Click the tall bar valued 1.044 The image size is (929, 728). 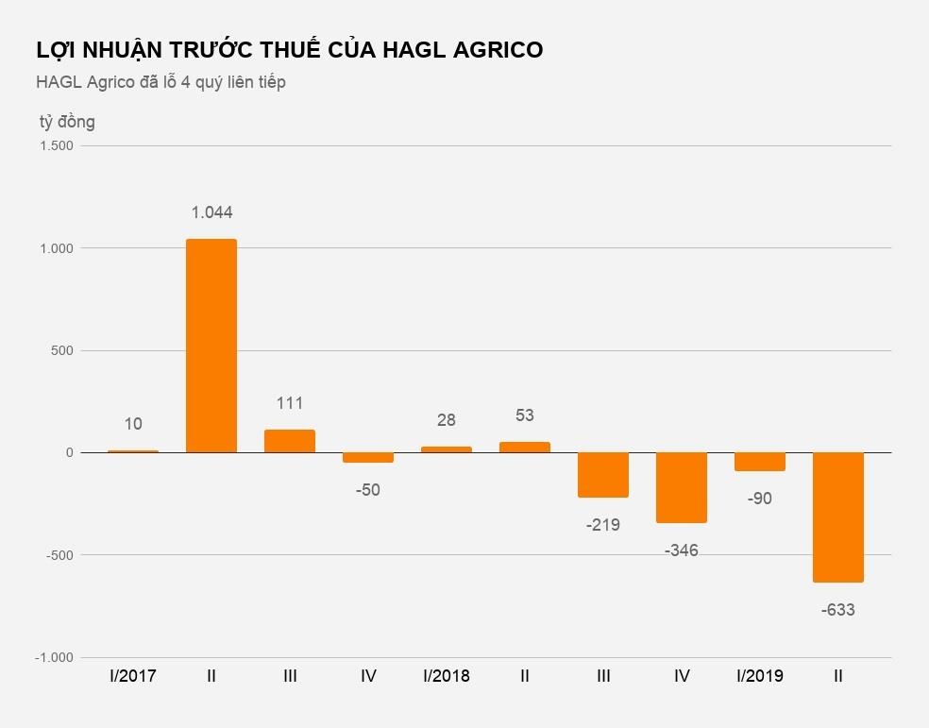pos(211,346)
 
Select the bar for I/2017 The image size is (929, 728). pos(133,451)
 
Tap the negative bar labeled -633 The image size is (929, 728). pos(838,516)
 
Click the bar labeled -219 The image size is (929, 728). pos(603,475)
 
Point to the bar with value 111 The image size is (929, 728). pos(290,441)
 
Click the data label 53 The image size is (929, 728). pos(525,415)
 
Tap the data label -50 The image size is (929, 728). pos(368,490)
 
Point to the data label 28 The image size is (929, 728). pos(447,420)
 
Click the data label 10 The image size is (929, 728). pos(133,424)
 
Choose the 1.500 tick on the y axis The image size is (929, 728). pos(57,146)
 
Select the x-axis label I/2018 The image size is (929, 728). pos(447,676)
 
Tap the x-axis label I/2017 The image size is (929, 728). pos(133,676)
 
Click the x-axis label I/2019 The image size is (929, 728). pos(760,676)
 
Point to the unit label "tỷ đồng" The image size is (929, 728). pos(67,122)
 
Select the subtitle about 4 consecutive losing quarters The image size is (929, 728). pos(160,82)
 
